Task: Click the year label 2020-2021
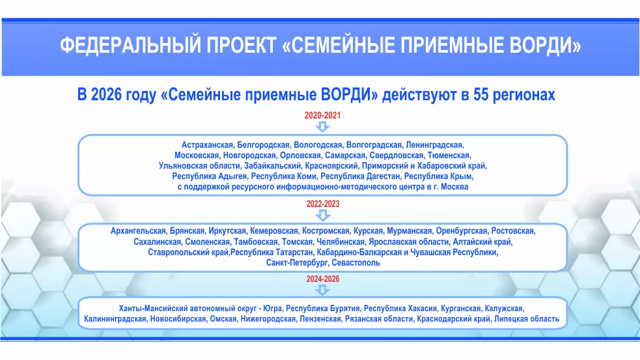tap(322, 115)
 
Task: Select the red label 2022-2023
tap(323, 204)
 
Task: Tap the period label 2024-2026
tap(323, 279)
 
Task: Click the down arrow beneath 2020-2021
tap(322, 127)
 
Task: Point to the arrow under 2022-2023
tap(323, 215)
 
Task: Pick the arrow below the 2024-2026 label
tap(323, 290)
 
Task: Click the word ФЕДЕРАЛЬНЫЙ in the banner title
tap(131, 45)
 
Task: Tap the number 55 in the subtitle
tap(481, 94)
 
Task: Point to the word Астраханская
tap(207, 145)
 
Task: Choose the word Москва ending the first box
tap(454, 187)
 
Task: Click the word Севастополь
tap(356, 263)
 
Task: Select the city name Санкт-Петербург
tap(298, 263)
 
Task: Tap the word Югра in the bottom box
tap(273, 309)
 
